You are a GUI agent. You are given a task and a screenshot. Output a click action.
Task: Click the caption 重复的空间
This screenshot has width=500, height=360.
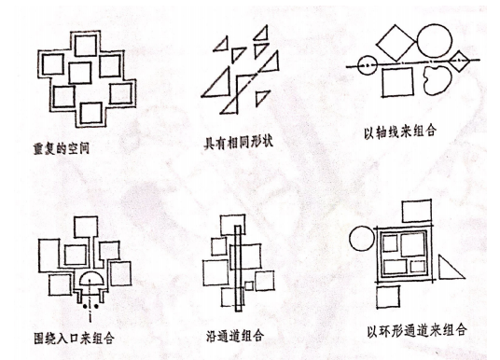(62, 148)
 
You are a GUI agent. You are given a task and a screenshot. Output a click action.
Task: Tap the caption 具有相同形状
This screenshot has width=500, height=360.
(238, 142)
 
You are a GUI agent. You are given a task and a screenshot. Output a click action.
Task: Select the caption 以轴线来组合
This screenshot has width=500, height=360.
(400, 132)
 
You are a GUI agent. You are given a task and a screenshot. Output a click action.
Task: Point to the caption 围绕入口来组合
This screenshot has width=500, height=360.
(74, 338)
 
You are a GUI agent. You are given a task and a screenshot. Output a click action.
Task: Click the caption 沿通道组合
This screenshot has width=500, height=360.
(235, 336)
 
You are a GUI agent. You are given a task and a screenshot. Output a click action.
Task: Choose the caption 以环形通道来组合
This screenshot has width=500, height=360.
(417, 330)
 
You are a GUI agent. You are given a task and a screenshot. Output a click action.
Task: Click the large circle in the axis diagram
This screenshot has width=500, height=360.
(435, 41)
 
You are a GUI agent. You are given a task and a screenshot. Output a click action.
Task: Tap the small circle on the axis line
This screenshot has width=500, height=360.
(367, 65)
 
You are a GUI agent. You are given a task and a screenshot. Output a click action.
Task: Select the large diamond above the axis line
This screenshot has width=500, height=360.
(396, 42)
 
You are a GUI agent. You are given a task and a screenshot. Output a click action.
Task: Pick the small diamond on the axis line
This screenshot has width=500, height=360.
(459, 61)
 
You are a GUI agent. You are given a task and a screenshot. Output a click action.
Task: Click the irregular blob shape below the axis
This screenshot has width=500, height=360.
(438, 80)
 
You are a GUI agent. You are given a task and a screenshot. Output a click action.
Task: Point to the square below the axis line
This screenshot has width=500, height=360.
(397, 82)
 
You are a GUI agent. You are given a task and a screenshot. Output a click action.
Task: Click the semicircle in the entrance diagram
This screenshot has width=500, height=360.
(91, 278)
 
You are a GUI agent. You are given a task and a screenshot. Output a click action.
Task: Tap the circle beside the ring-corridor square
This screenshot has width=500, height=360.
(362, 239)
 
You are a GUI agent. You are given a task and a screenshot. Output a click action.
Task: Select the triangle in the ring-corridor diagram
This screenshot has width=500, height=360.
(451, 268)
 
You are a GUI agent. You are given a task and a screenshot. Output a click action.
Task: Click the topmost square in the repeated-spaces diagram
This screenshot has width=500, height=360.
(86, 46)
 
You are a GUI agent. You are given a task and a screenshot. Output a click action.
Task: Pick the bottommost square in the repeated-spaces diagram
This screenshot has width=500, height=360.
(91, 113)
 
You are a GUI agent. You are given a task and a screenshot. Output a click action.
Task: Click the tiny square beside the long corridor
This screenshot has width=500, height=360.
(249, 285)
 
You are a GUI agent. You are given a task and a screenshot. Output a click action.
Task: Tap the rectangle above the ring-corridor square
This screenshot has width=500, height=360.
(417, 211)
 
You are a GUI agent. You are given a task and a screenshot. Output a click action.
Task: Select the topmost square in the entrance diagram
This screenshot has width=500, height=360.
(86, 227)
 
